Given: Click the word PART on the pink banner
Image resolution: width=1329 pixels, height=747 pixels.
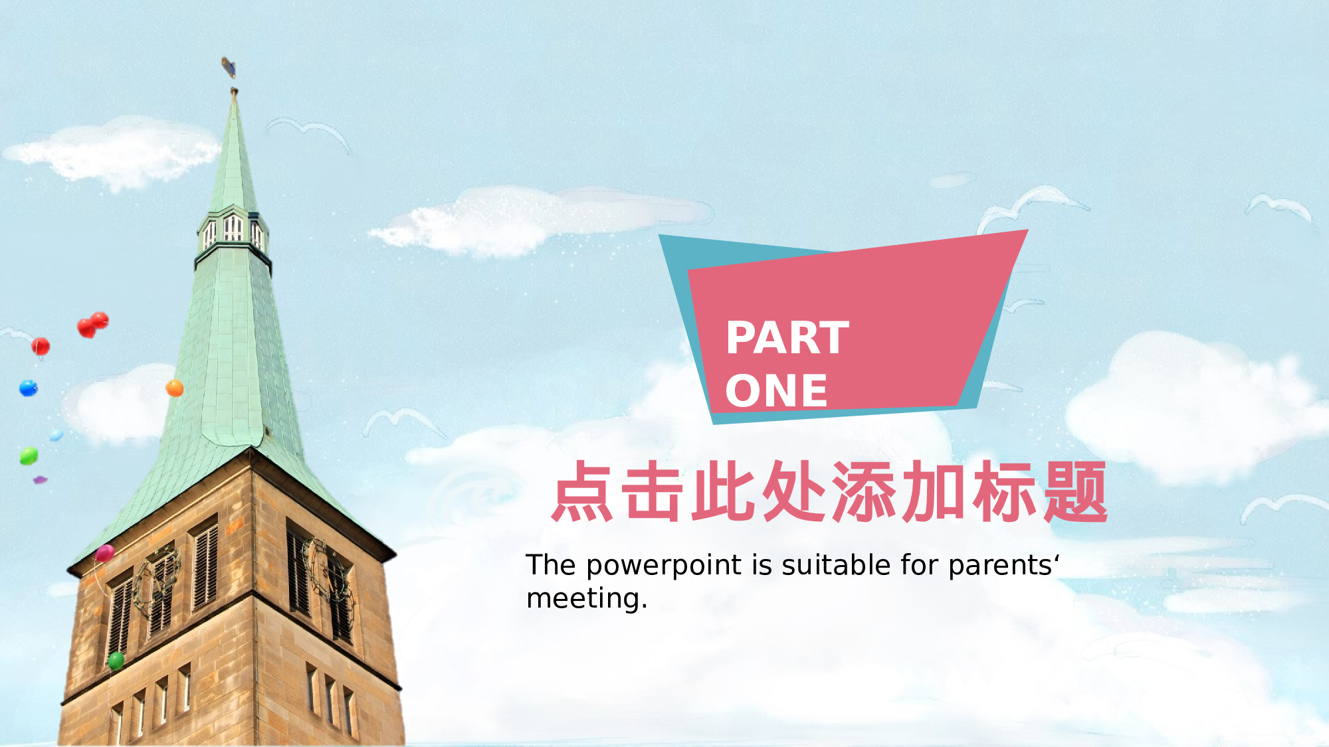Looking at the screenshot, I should coord(787,338).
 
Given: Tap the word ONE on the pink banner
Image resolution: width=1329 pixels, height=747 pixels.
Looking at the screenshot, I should coord(776,390).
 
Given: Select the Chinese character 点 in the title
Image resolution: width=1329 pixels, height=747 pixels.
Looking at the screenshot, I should coord(583,491).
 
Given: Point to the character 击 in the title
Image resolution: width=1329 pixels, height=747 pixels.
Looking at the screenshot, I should coord(653,491).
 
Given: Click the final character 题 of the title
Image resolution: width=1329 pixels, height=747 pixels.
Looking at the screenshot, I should coord(1074,491).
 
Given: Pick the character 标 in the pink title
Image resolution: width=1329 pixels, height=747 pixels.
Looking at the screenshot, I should coord(1005,491).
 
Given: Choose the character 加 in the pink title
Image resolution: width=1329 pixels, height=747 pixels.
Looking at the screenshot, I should coord(934,491).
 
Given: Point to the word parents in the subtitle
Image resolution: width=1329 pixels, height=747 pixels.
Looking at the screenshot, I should coord(1000,566).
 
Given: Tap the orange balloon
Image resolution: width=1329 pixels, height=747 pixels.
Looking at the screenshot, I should coord(174,388).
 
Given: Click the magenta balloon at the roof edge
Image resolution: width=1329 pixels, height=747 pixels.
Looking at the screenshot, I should coord(104,552).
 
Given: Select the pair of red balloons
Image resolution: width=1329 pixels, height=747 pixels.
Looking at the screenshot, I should coord(92,325).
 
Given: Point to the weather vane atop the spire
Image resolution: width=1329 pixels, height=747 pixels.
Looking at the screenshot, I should coord(229,67).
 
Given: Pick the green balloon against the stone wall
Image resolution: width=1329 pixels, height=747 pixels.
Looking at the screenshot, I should coord(116,660).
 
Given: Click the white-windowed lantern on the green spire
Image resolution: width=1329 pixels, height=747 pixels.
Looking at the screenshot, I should coord(233,229).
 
